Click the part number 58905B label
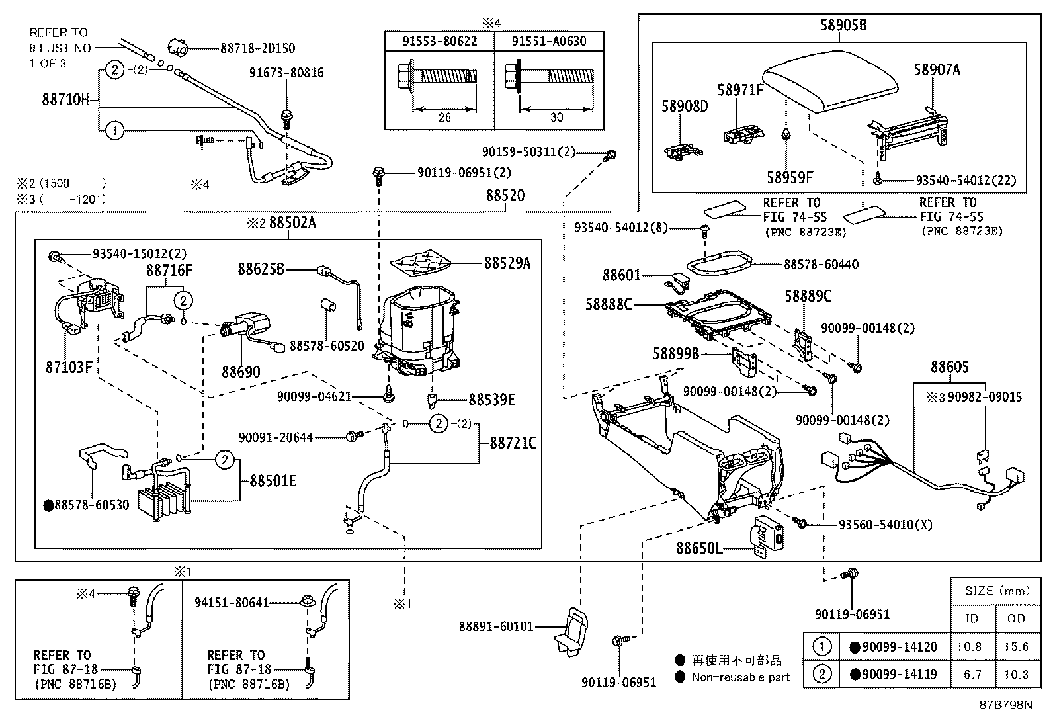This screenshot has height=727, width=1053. click(x=843, y=25)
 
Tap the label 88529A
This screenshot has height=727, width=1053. click(x=507, y=263)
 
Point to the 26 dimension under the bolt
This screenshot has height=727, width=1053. click(x=444, y=117)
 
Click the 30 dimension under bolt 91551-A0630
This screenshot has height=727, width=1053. click(x=556, y=117)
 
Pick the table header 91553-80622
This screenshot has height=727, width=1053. click(x=440, y=41)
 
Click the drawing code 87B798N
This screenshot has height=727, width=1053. click(x=1005, y=705)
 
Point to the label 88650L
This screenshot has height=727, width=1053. click(x=699, y=548)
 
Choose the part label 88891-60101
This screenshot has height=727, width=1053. click(x=496, y=626)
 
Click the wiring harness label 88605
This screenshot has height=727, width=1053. click(x=949, y=367)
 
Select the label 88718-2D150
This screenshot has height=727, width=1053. click(x=257, y=48)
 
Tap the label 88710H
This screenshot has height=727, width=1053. click(x=65, y=100)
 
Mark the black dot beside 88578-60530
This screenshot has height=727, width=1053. click(x=48, y=505)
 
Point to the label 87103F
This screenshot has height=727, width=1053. click(x=69, y=366)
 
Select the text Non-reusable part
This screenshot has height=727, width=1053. click(x=740, y=677)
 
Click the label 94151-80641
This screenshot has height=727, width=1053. click(x=232, y=603)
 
